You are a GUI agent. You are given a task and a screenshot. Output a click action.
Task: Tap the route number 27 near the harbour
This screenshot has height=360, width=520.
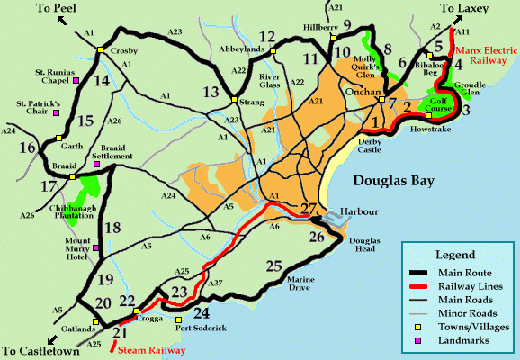tap(309, 210)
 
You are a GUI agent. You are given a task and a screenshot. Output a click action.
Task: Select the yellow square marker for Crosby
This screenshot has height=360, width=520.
tap(103, 49)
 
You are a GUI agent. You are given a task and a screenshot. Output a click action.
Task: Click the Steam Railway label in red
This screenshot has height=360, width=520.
tap(148, 342)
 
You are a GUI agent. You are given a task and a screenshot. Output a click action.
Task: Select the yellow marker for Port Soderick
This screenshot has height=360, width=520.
tap(178, 319)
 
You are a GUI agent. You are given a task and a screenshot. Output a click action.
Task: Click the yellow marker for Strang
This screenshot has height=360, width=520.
tap(233, 99)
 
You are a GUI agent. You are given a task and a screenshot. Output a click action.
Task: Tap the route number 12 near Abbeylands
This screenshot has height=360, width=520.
tap(266, 37)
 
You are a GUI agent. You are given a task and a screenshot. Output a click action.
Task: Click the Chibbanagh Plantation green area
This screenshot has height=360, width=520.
tap(89, 191)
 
